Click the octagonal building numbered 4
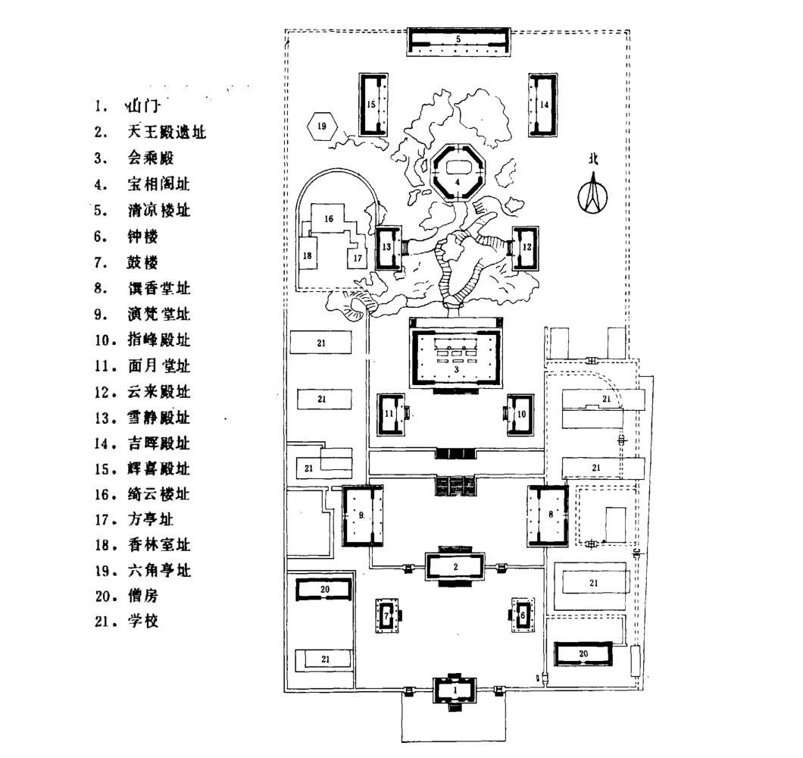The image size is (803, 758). click(x=458, y=171)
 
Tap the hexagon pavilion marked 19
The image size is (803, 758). click(x=321, y=126)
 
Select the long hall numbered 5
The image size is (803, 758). click(x=458, y=39)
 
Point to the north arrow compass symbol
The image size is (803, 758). click(x=593, y=190)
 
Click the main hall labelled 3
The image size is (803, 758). click(x=458, y=357)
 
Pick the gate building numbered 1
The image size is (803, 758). click(x=455, y=691)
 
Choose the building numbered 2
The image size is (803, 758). click(x=455, y=567)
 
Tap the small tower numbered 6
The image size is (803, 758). click(x=523, y=614)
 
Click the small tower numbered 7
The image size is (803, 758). click(x=387, y=615)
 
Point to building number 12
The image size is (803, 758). click(x=526, y=247)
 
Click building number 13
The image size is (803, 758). click(x=387, y=248)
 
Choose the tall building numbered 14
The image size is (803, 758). click(x=544, y=105)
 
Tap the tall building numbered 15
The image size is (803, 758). click(x=372, y=105)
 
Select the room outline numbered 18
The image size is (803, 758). click(x=308, y=256)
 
